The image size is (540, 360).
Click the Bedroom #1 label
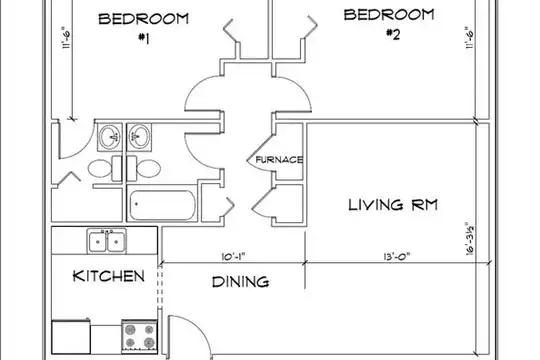click(x=144, y=28)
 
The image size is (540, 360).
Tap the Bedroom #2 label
click(x=389, y=24)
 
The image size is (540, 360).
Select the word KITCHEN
click(x=108, y=276)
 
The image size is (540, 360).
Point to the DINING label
click(x=240, y=282)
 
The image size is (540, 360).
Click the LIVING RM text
click(x=393, y=205)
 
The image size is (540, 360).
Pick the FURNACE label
click(x=279, y=160)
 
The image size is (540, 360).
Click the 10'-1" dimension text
click(x=235, y=257)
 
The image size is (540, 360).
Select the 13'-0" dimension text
click(x=396, y=257)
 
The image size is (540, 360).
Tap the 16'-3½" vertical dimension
click(x=470, y=239)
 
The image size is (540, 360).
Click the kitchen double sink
click(x=106, y=241)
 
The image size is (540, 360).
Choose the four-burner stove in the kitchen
click(x=139, y=336)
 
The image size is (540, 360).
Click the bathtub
click(x=162, y=205)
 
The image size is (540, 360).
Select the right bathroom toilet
click(x=144, y=168)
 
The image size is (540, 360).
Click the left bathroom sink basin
click(x=110, y=137)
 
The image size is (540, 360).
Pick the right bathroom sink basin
click(x=139, y=137)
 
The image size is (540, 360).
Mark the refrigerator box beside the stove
click(x=71, y=337)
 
